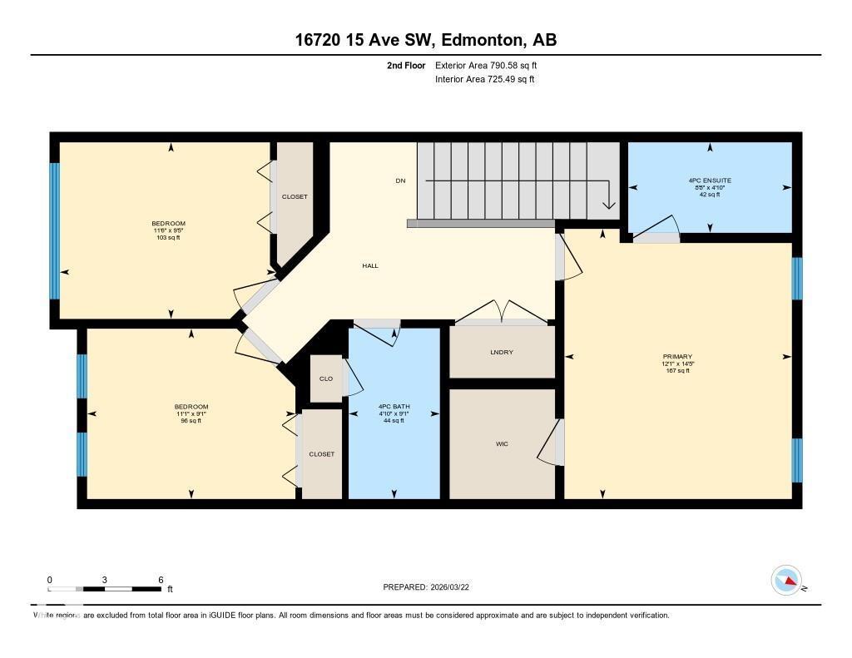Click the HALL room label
click(x=370, y=265)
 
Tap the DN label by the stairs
click(x=399, y=181)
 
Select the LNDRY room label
click(x=502, y=352)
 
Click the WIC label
click(x=502, y=443)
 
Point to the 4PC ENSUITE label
click(x=710, y=181)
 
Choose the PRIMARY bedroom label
click(x=677, y=356)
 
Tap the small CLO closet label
click(x=325, y=378)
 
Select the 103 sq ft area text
click(x=168, y=238)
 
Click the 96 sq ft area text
click(x=191, y=421)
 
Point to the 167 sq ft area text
click(x=677, y=370)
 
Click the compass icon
click(x=785, y=580)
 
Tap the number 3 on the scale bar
click(x=105, y=579)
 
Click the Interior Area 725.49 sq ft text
click(x=484, y=80)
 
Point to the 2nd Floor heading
click(x=406, y=65)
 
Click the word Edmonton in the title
click(x=482, y=40)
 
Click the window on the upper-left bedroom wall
click(x=55, y=230)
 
